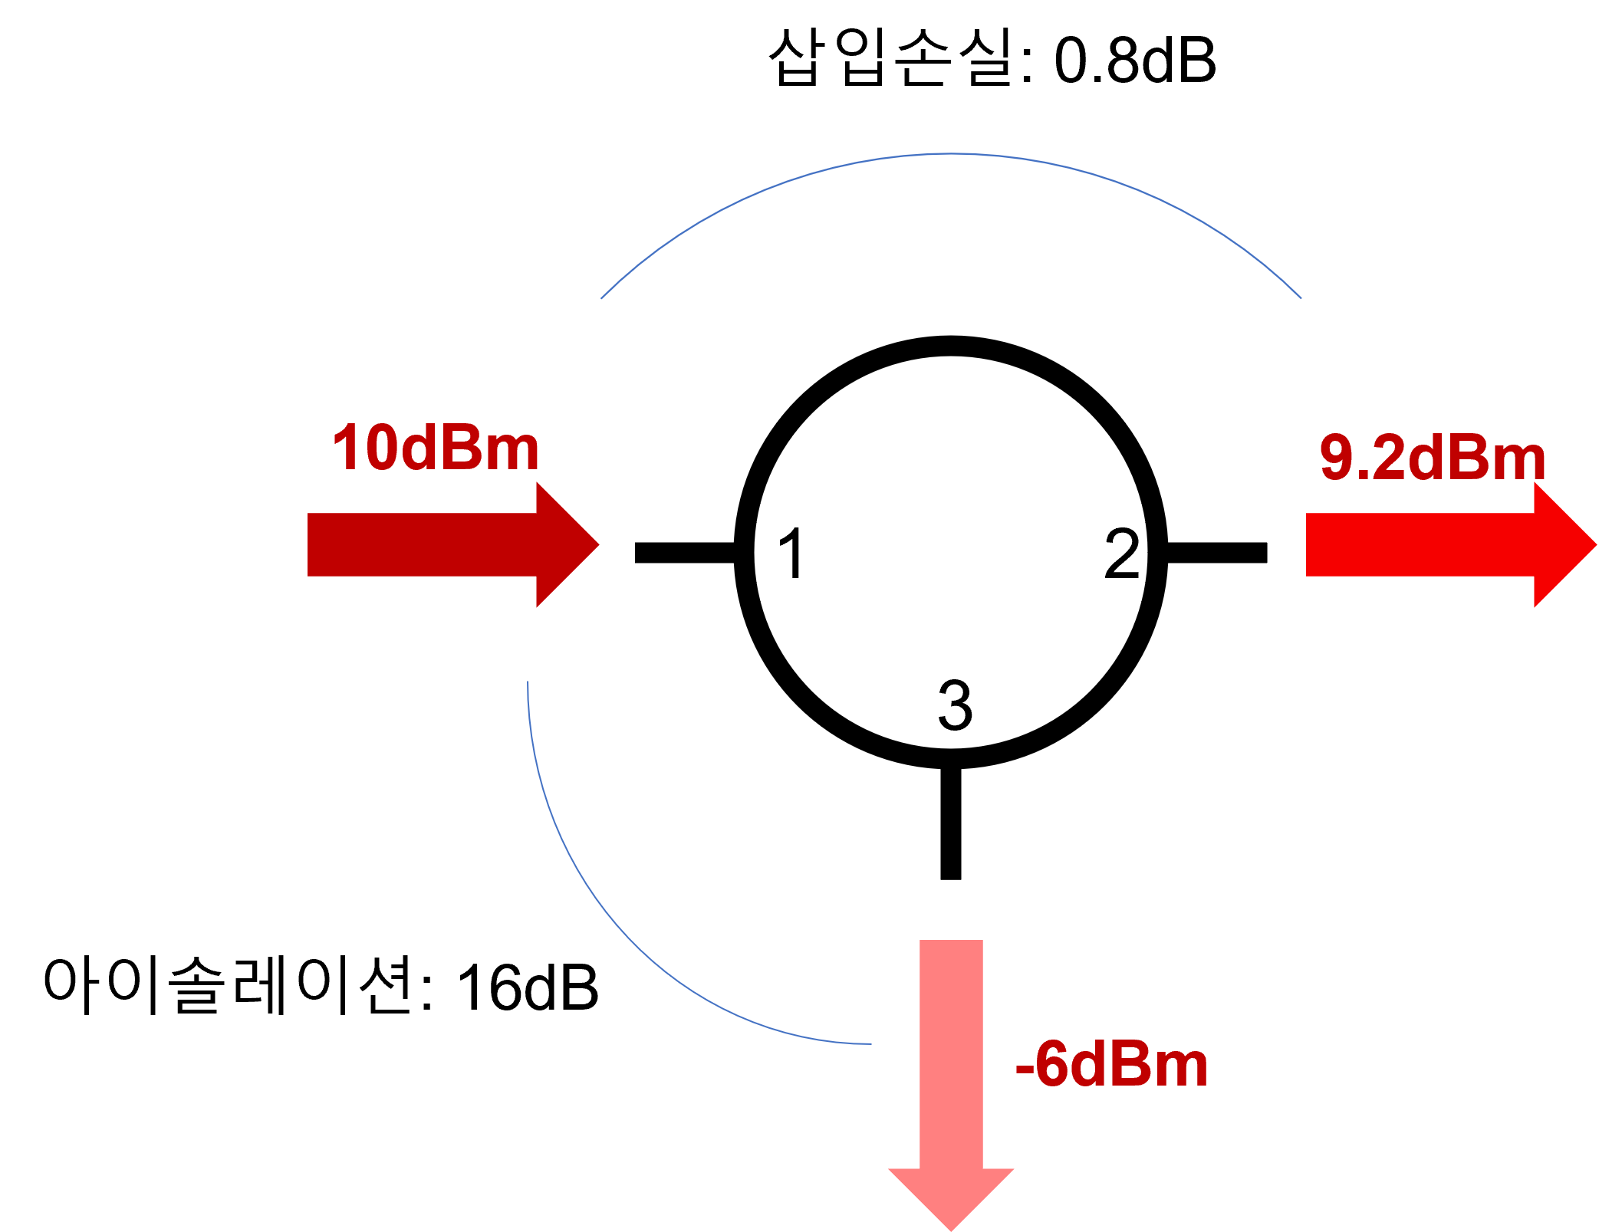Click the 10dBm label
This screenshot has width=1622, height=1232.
click(x=436, y=448)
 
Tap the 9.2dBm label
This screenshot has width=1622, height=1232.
click(x=1432, y=458)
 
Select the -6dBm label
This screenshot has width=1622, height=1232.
click(x=1111, y=1066)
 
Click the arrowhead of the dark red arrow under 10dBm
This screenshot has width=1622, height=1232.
click(x=571, y=544)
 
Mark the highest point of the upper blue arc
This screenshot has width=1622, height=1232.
click(x=951, y=154)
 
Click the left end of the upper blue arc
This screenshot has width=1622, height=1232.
click(x=601, y=298)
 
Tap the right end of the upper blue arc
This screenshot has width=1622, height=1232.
click(x=1301, y=297)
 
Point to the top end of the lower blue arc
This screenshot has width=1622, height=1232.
click(x=528, y=682)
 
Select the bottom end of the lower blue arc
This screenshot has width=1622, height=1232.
click(x=870, y=1043)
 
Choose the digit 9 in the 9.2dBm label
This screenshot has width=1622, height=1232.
click(x=1336, y=458)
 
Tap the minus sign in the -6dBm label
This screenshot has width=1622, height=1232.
click(x=1023, y=1068)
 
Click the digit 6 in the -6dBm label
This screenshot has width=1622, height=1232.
click(x=1051, y=1065)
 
